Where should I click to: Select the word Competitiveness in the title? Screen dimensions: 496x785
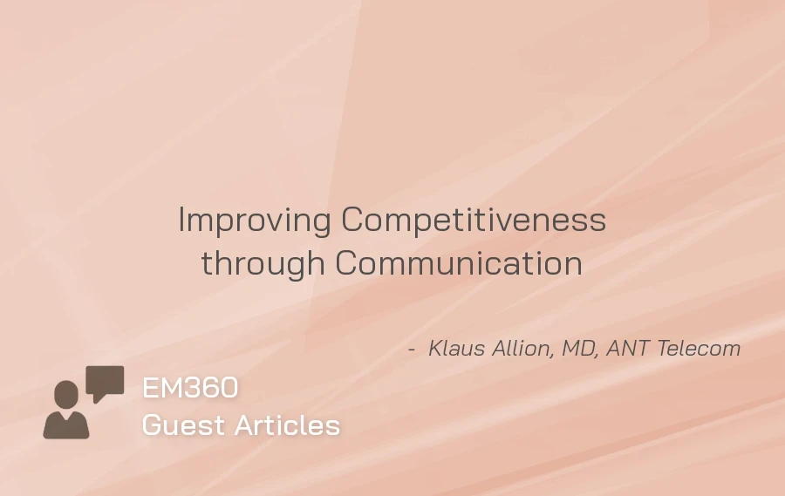[x=474, y=221]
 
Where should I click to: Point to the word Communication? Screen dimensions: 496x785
[x=459, y=262]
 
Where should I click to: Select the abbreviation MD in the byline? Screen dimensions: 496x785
[x=579, y=349]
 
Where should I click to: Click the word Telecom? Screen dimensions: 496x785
[x=698, y=349]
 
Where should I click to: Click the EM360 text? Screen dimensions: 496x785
[x=190, y=388]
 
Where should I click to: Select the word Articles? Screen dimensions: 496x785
[x=287, y=425]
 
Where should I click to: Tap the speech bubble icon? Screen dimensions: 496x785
[x=105, y=382]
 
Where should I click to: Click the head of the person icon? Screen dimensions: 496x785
[x=65, y=394]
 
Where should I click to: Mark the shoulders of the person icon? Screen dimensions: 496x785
[x=66, y=425]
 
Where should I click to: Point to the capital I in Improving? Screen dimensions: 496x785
[x=181, y=221]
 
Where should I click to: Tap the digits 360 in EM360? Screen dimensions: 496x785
[x=213, y=388]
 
